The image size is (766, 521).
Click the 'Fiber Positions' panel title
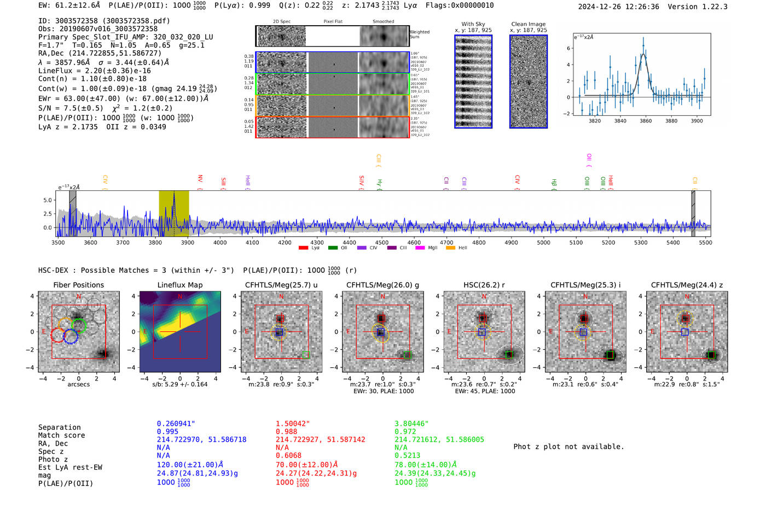click(x=78, y=285)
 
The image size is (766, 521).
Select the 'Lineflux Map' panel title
click(x=179, y=285)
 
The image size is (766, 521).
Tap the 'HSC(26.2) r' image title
click(x=484, y=285)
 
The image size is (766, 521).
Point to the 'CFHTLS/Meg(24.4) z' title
click(x=687, y=285)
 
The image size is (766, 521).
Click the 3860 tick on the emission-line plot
click(x=646, y=121)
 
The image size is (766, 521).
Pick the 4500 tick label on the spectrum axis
click(x=381, y=243)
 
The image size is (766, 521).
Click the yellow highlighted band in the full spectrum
click(x=173, y=213)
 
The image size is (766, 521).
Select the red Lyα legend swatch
click(x=303, y=248)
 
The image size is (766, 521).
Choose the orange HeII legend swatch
click(x=450, y=248)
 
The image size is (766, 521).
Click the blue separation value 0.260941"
click(x=176, y=424)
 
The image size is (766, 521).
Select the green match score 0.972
click(x=405, y=432)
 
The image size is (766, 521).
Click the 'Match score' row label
click(x=61, y=436)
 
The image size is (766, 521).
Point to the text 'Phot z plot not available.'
click(x=568, y=447)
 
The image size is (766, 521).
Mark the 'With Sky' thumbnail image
click(x=473, y=81)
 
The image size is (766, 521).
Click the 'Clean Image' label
click(x=528, y=24)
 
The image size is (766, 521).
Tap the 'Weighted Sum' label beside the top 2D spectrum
click(x=419, y=34)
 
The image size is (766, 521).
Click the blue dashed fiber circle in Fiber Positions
click(x=71, y=337)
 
